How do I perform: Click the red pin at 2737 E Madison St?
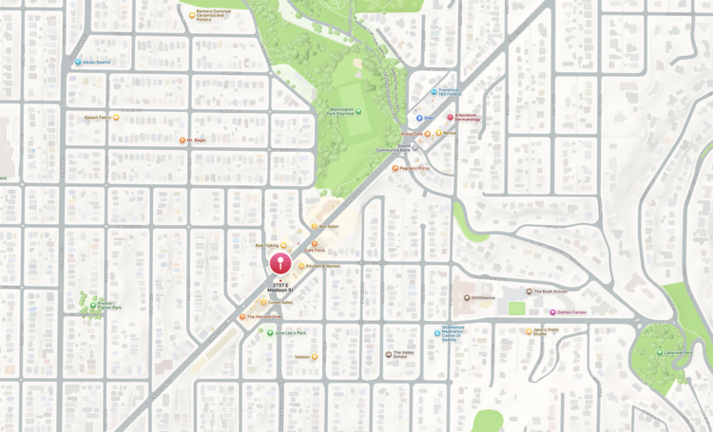click(279, 263)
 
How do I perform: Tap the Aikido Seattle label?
click(97, 63)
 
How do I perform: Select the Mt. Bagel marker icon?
click(183, 141)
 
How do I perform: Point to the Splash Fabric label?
click(97, 118)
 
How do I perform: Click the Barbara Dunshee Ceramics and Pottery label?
click(214, 14)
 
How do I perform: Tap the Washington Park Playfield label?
click(340, 111)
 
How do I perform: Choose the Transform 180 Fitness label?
click(449, 92)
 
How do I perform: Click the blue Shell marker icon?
click(419, 119)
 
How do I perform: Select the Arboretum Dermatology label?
click(467, 118)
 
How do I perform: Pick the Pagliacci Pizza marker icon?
click(395, 169)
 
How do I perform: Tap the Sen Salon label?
click(329, 227)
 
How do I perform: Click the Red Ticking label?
click(266, 246)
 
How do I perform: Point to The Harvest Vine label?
click(263, 317)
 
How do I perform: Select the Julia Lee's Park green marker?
click(270, 333)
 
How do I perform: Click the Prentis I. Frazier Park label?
click(107, 306)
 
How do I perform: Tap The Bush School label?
click(550, 291)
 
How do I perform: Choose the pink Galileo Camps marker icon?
click(552, 312)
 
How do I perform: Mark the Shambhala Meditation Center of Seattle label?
click(451, 333)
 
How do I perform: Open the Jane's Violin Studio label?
click(546, 332)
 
